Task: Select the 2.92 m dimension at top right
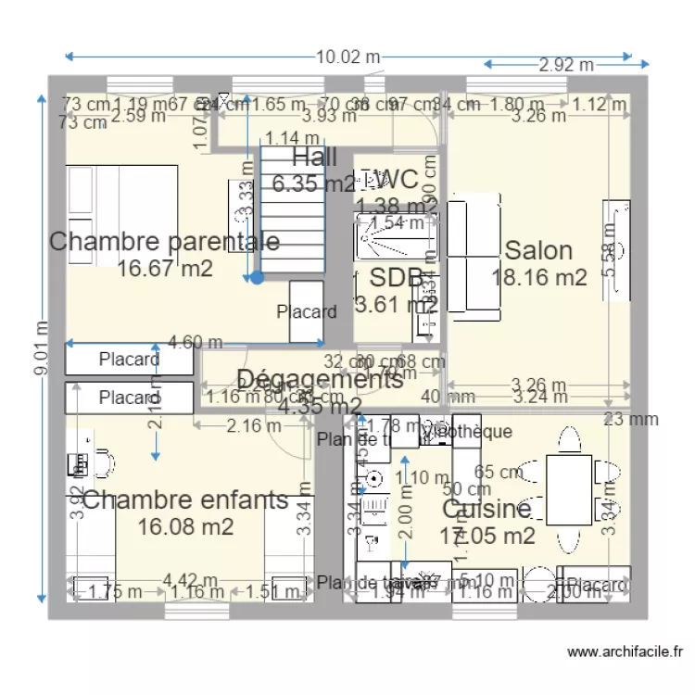point(566,65)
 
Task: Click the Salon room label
point(538,250)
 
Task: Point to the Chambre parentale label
point(164,242)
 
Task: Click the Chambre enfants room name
point(185,500)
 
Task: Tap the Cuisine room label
point(486,509)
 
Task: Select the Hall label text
point(314,157)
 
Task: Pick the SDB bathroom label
point(397,277)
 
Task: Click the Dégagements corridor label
point(320,379)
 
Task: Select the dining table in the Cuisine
point(567,488)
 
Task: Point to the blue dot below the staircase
point(257,276)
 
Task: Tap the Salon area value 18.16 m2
point(539,277)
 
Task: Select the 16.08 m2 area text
point(185,526)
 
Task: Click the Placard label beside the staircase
point(307,311)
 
